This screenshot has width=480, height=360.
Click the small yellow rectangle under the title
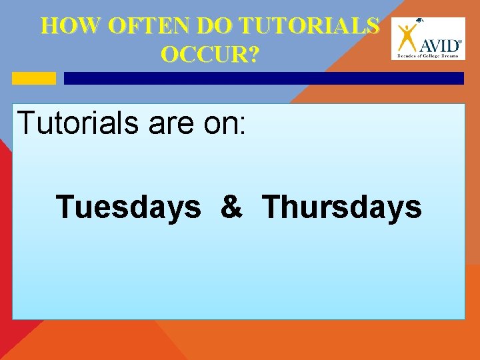pyautogui.click(x=34, y=78)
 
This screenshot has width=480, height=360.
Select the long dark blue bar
pyautogui.click(x=263, y=78)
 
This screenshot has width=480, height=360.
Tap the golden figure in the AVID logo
pyautogui.click(x=407, y=38)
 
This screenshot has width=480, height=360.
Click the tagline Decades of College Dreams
pyautogui.click(x=429, y=57)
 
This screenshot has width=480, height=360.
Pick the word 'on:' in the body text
pyautogui.click(x=227, y=123)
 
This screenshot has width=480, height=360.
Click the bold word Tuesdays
pyautogui.click(x=129, y=207)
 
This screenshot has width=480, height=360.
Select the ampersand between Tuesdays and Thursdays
pyautogui.click(x=231, y=207)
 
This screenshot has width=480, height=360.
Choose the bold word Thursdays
pyautogui.click(x=342, y=207)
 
